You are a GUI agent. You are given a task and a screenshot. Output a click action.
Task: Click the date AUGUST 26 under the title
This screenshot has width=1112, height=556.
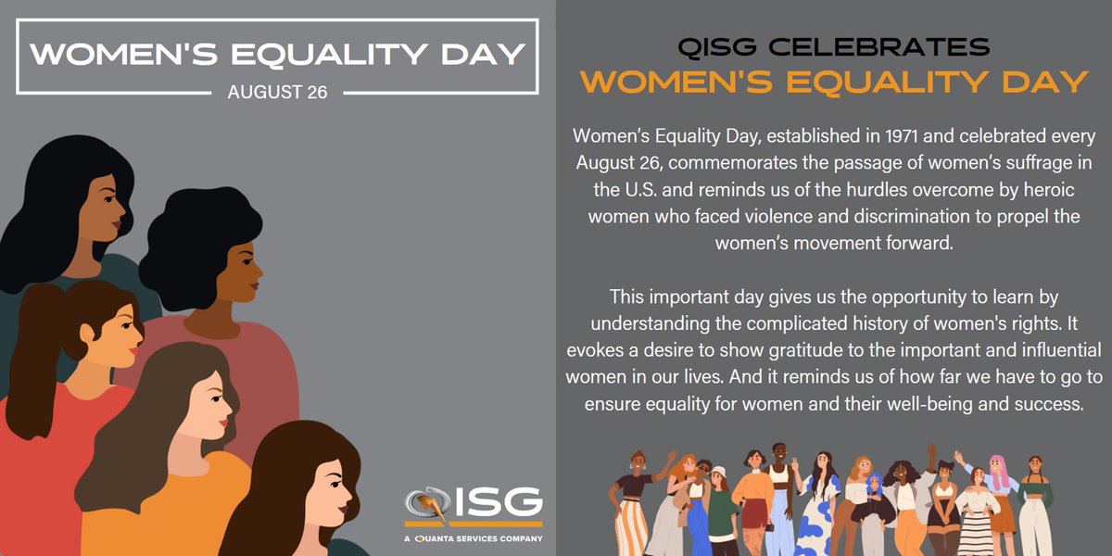pos(277,93)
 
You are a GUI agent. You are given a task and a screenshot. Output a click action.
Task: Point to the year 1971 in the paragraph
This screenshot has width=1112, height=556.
pos(888,136)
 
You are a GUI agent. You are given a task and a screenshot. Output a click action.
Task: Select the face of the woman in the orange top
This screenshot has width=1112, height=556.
pos(208,408)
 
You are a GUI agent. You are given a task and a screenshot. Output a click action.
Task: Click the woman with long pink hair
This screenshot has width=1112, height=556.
pos(1000,482)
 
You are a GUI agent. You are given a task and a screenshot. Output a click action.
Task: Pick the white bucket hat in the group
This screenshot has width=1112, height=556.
pos(719,472)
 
